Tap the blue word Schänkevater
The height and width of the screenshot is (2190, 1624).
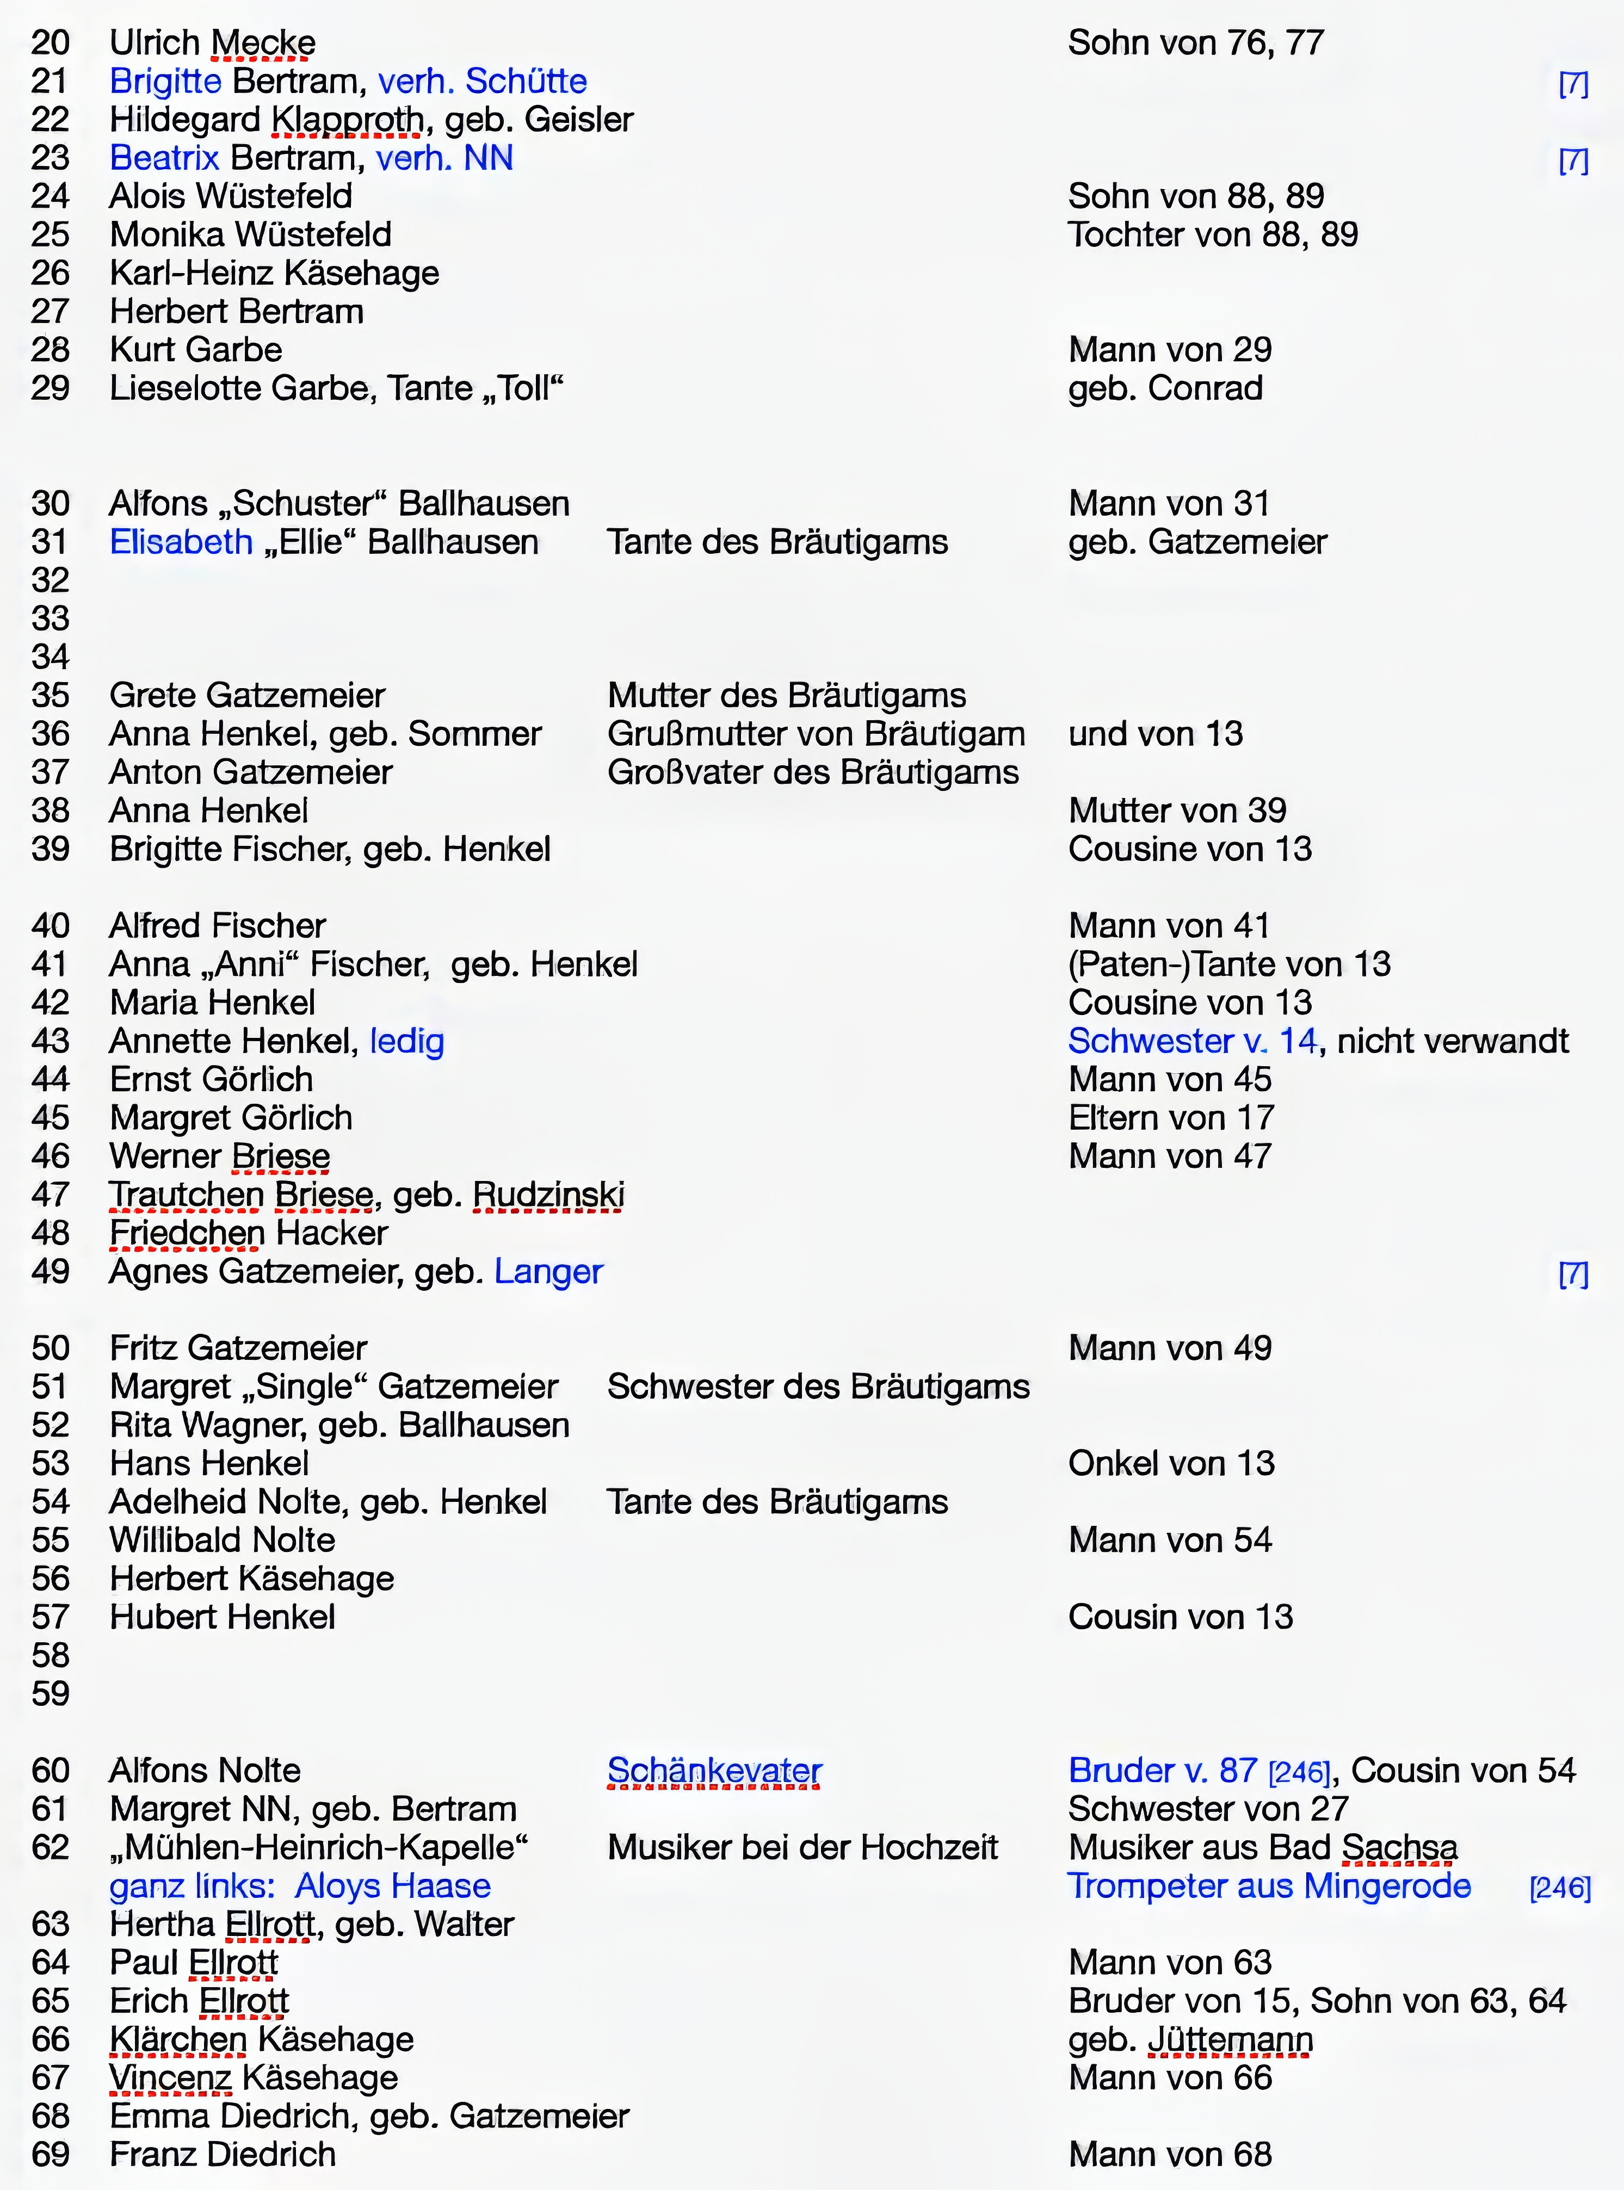click(x=715, y=1770)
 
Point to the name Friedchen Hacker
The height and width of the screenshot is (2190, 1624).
click(x=249, y=1233)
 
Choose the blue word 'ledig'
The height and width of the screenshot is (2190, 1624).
click(x=407, y=1041)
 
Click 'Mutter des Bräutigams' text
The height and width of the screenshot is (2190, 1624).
click(x=787, y=695)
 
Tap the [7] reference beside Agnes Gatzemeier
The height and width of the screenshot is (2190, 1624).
click(x=1573, y=1275)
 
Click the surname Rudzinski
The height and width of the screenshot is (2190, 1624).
click(x=548, y=1195)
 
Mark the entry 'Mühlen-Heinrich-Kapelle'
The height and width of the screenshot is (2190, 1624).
click(x=319, y=1847)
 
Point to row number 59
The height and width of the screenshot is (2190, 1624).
click(x=50, y=1693)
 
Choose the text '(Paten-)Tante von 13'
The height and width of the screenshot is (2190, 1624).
click(x=1229, y=964)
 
